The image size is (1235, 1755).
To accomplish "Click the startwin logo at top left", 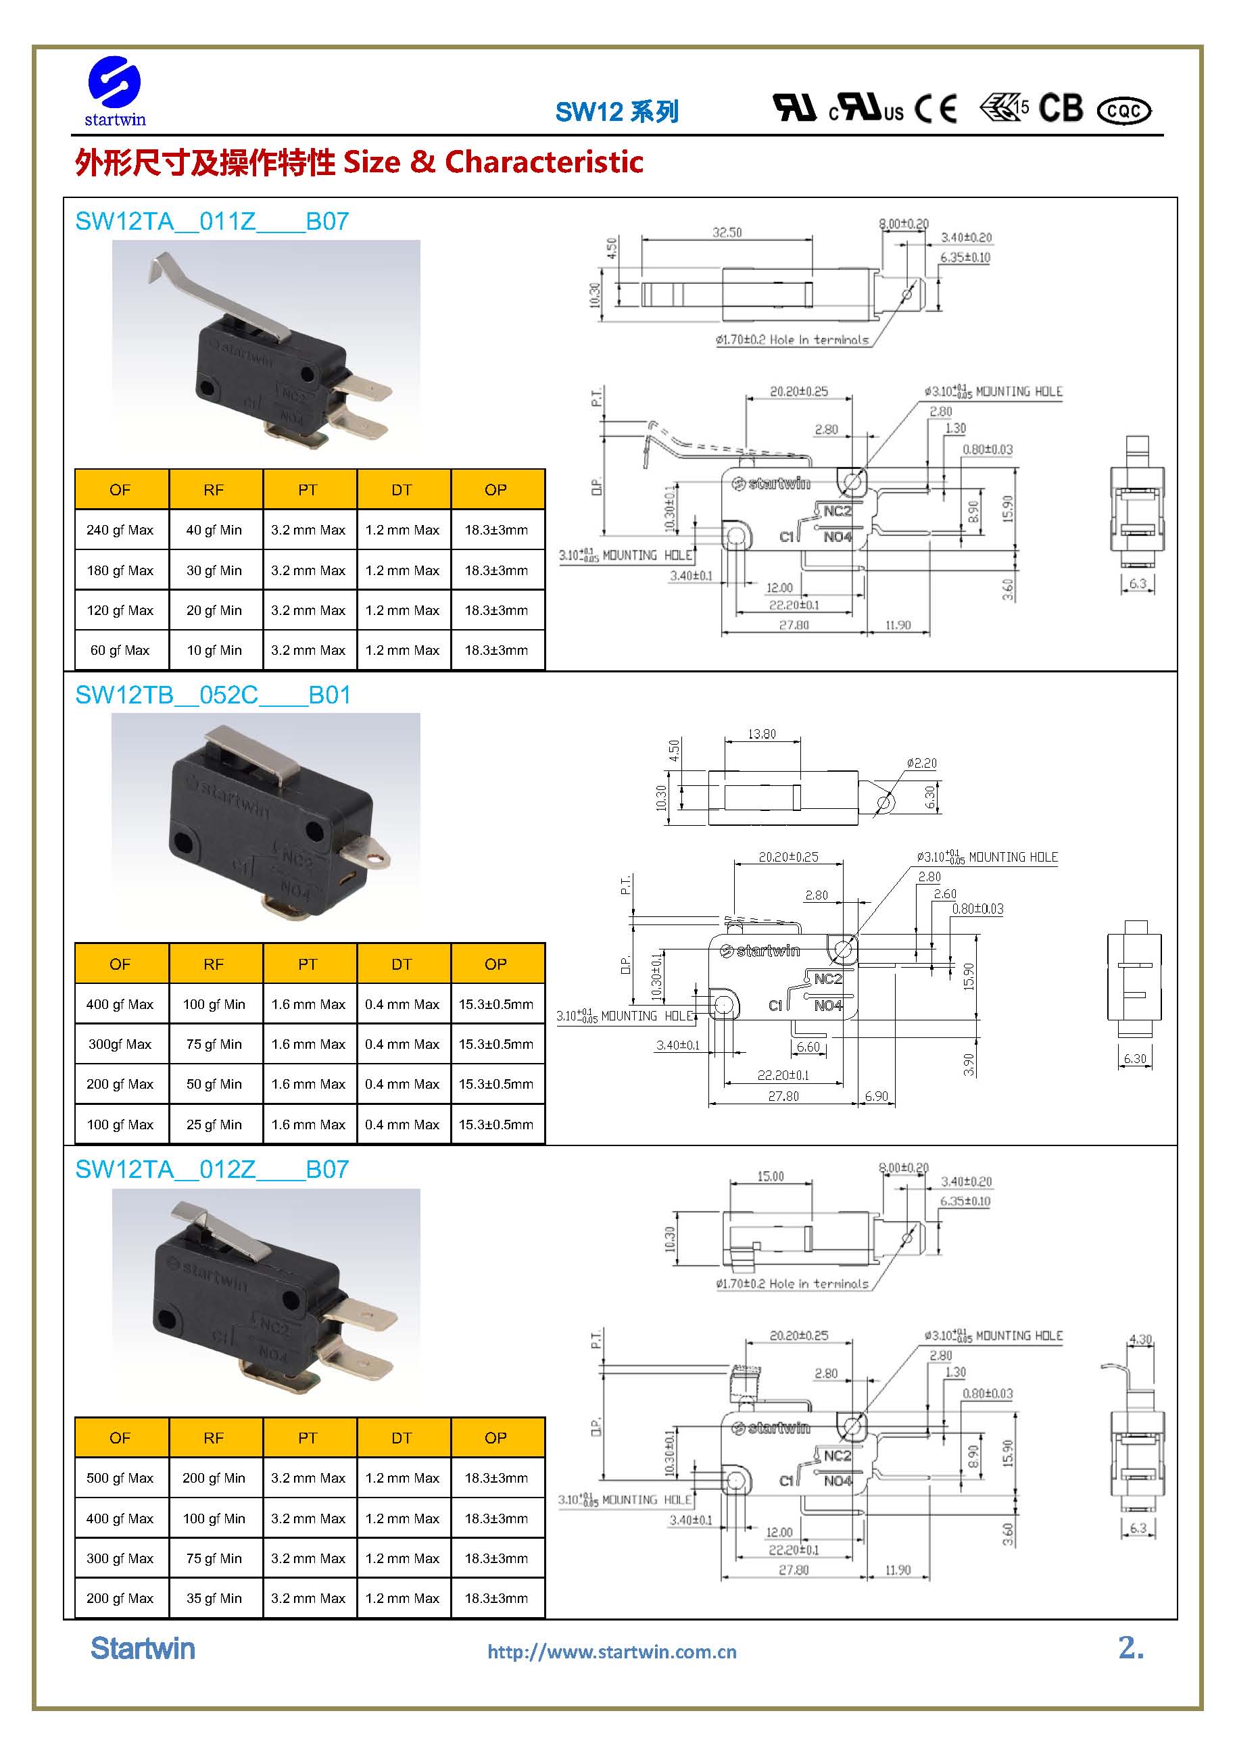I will [x=115, y=91].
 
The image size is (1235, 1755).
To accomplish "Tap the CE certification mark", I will [x=936, y=109].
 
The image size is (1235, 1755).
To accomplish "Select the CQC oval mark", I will [x=1123, y=111].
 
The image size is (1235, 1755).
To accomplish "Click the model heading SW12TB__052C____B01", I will [x=212, y=695].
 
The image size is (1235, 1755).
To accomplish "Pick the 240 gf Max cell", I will [x=120, y=530].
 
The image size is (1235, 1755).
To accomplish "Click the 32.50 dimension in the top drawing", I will [x=727, y=232].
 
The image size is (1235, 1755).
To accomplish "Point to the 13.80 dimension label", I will [x=762, y=734].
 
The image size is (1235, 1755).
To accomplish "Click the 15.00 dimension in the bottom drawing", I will [x=770, y=1177].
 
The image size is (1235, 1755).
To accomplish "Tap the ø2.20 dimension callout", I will [x=921, y=763].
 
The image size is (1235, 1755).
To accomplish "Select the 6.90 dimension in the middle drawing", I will [x=876, y=1096].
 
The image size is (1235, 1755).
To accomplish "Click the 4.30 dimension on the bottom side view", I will [x=1140, y=1339].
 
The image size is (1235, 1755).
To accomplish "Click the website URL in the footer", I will [x=612, y=1652].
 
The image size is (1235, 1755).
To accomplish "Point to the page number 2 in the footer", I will [x=1130, y=1648].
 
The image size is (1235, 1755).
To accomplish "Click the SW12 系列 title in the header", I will [x=616, y=112].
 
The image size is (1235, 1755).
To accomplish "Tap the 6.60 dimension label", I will [x=808, y=1047].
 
